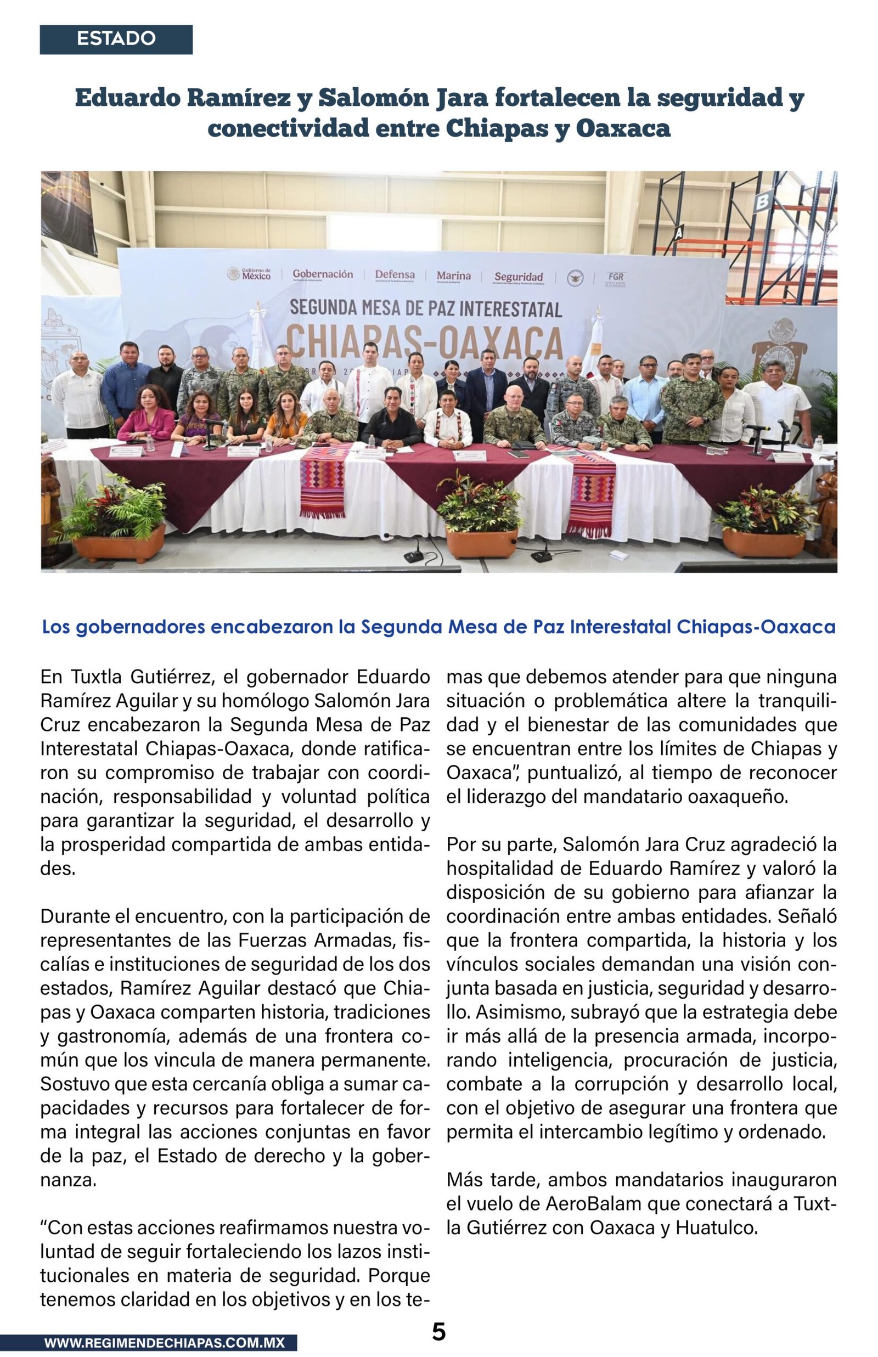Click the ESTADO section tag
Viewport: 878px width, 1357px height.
click(x=116, y=39)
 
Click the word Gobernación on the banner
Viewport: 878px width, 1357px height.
click(x=322, y=275)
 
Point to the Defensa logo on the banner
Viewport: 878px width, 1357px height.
click(x=395, y=275)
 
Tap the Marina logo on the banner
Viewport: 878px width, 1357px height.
click(x=453, y=277)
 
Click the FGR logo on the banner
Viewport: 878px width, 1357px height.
click(x=615, y=278)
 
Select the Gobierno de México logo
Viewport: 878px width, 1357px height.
click(x=249, y=274)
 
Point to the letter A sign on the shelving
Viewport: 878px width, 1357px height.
click(x=678, y=233)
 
